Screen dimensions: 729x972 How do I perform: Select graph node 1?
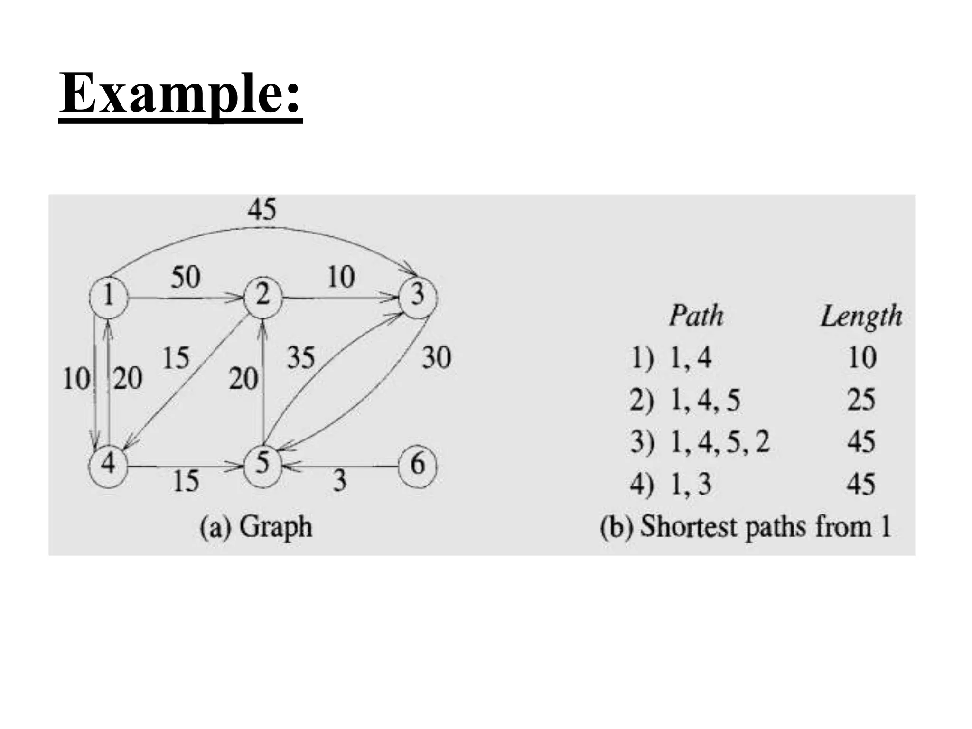coord(109,296)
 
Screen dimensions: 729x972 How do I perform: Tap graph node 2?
coord(263,296)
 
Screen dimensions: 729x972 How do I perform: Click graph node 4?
coord(108,464)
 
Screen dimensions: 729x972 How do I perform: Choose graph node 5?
coord(262,464)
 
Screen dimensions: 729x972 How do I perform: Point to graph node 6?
coord(417,464)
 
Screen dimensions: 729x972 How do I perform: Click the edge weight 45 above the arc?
coord(262,209)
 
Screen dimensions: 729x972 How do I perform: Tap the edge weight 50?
coord(186,277)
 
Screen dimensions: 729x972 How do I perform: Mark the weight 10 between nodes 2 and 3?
coord(341,277)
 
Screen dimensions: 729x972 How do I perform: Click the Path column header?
coord(696,316)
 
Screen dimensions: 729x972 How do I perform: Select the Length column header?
coord(861,317)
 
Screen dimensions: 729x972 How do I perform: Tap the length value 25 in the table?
coord(861,400)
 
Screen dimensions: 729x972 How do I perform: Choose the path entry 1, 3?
coord(691,484)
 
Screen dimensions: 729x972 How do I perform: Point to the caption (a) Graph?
coord(256,527)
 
